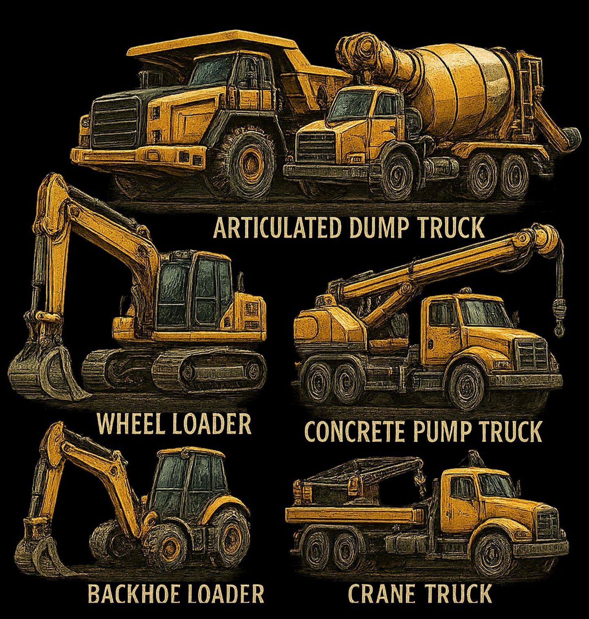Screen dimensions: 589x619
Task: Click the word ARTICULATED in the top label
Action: click(x=277, y=228)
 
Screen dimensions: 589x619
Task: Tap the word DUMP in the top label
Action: click(x=378, y=228)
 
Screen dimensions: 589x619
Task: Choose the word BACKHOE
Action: click(x=132, y=594)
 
